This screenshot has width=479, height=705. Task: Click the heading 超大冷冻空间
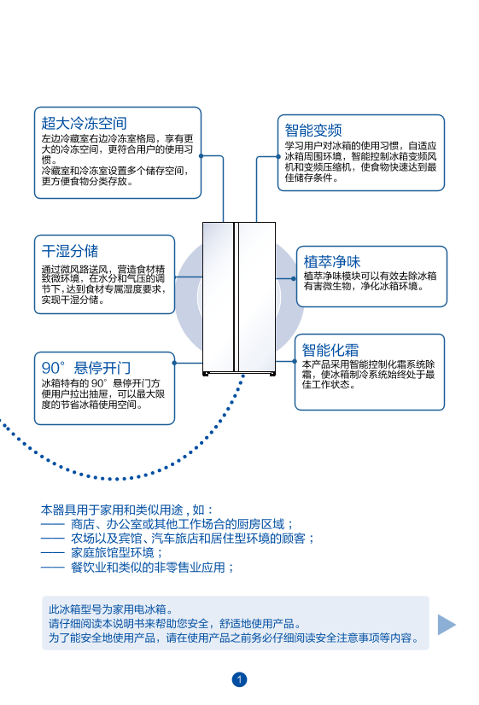point(85,123)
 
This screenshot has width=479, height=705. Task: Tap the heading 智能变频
point(313,130)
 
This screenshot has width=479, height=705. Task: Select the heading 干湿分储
point(70,251)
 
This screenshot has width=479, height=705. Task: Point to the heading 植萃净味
point(332,262)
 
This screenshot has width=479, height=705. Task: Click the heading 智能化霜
point(330,350)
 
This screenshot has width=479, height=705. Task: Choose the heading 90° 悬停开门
point(86,368)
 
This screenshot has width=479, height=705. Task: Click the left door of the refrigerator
point(218,297)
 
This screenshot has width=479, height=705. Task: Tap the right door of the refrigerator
point(256,297)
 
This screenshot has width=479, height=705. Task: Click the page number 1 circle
point(239,679)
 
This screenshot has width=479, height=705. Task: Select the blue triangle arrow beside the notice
point(447,625)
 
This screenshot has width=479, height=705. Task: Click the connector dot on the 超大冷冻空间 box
point(201,156)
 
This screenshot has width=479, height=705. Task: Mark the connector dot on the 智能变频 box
point(278,157)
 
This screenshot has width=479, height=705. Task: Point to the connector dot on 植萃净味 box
point(294,278)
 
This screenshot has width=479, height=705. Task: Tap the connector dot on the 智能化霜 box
point(295,361)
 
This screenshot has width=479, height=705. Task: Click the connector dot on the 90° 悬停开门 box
point(174,363)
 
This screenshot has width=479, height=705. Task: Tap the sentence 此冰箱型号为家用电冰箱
point(111,609)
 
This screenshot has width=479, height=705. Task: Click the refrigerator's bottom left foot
point(206,374)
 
